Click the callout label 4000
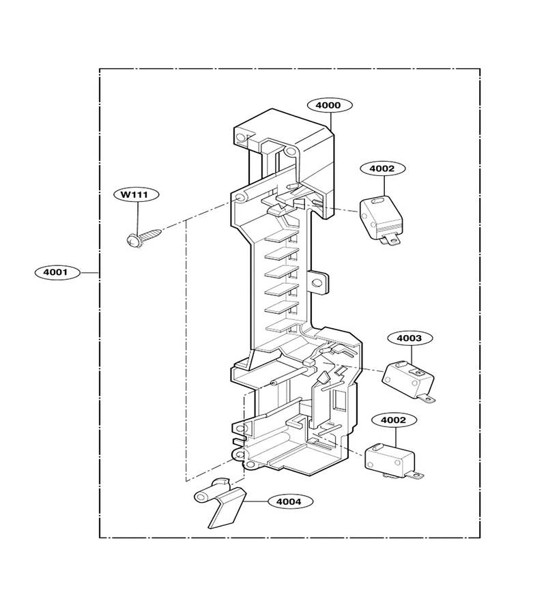tap(330, 105)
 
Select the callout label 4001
tap(57, 272)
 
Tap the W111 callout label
tap(136, 194)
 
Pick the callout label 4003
tap(410, 338)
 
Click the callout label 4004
tap(290, 501)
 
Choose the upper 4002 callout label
tap(383, 169)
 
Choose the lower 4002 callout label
tap(394, 420)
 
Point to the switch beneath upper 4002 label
tap(381, 219)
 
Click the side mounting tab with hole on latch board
tap(319, 282)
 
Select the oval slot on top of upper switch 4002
tap(379, 201)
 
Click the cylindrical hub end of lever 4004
tap(201, 497)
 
